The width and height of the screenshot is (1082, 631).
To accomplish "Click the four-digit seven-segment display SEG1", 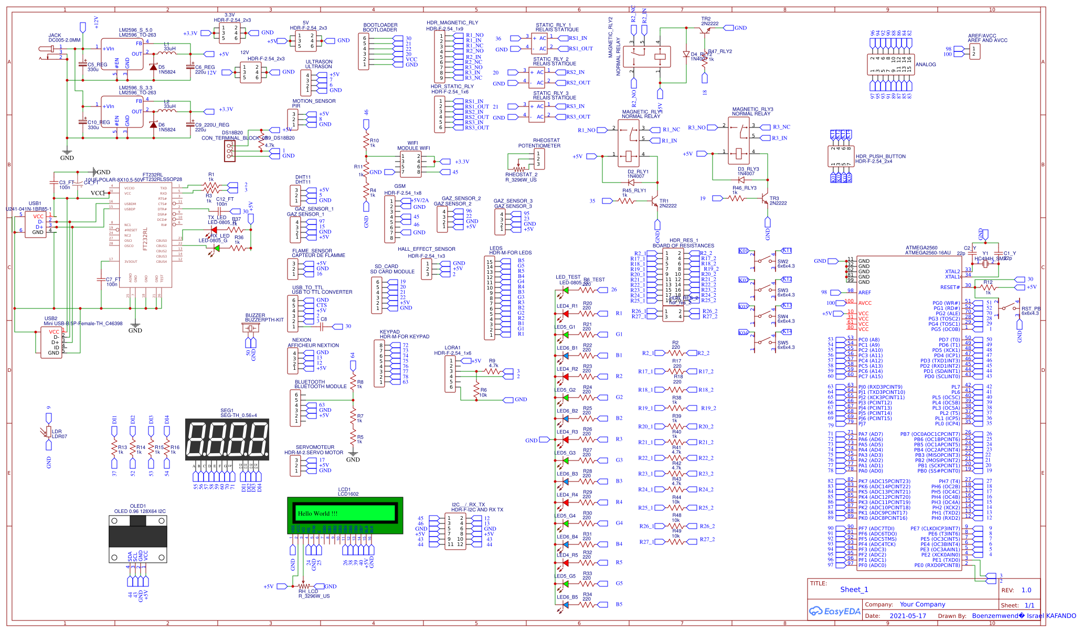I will point(227,440).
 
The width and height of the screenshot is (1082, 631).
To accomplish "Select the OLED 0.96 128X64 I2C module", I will point(137,538).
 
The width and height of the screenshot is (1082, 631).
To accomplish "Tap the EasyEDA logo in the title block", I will point(835,611).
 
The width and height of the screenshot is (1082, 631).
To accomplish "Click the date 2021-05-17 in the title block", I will point(908,616).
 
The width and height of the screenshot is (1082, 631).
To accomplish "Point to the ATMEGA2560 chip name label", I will point(928,248).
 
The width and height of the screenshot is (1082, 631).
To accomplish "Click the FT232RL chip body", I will point(144,231).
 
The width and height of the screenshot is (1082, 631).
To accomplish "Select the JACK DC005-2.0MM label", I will point(65,38).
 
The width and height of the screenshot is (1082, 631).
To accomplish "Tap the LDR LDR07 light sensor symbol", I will point(49,431).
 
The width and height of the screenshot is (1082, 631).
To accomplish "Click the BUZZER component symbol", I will point(250,328).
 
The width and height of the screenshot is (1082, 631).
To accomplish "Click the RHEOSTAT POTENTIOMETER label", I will point(539,143).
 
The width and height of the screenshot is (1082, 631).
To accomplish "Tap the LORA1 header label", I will point(452,348).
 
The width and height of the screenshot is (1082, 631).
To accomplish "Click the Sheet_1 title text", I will point(854,590).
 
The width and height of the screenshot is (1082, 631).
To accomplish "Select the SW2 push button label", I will point(783,261).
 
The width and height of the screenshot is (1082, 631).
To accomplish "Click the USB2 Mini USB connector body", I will point(51,343).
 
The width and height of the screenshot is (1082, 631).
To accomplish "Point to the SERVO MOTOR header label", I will point(314,450).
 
